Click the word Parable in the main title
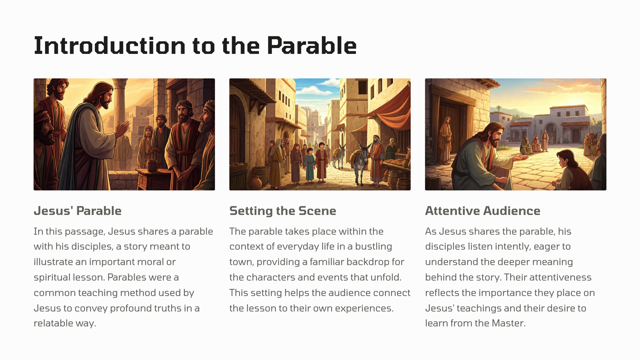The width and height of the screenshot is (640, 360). click(x=312, y=46)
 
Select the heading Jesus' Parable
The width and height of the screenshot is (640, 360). click(x=77, y=211)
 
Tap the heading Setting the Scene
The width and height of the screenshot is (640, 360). click(x=282, y=211)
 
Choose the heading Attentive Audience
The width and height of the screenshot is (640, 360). click(x=482, y=211)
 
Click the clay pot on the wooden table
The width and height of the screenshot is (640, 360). click(x=152, y=165)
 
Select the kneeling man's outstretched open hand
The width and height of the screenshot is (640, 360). click(x=521, y=157)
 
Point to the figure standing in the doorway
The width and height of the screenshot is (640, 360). click(x=445, y=139)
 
